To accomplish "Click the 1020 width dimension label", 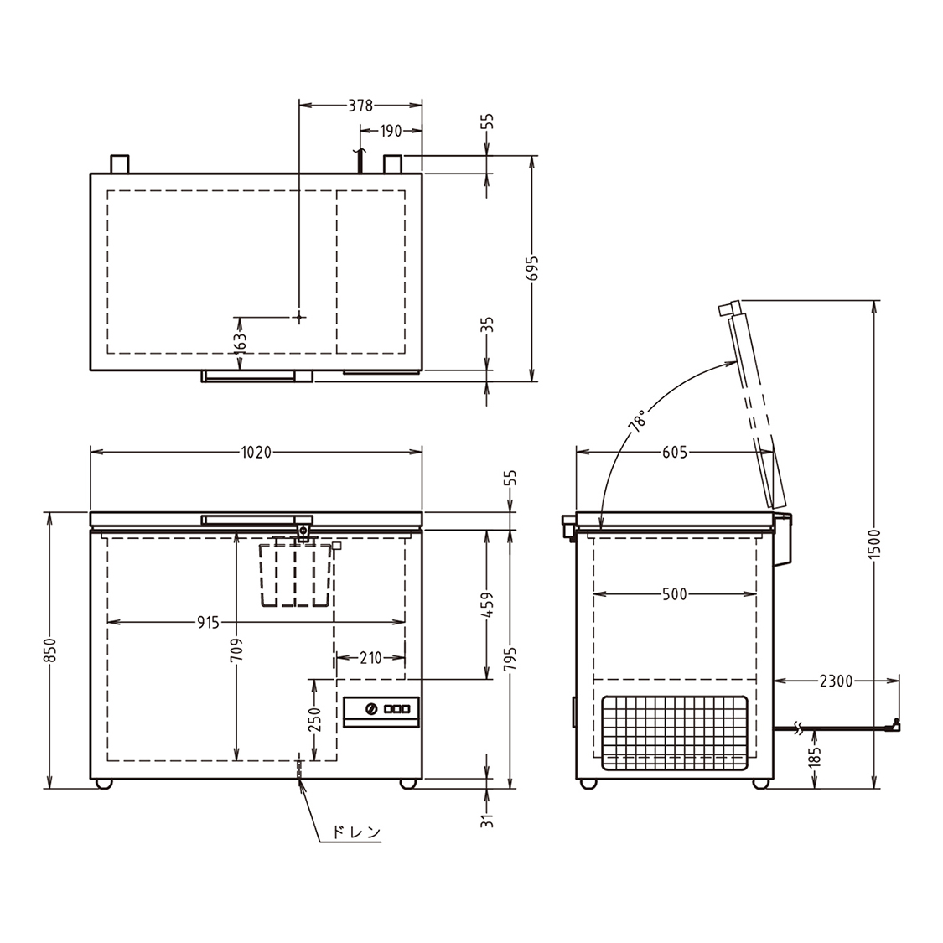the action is [256, 453].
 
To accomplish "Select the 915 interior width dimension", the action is [208, 623].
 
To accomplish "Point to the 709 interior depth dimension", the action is [237, 650].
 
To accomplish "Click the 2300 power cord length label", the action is [836, 681].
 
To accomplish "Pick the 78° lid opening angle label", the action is [638, 421].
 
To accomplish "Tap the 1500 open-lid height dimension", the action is [875, 544].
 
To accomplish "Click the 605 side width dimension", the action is [675, 453].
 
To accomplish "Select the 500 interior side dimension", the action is [674, 594].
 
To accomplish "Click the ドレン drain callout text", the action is [356, 832].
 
